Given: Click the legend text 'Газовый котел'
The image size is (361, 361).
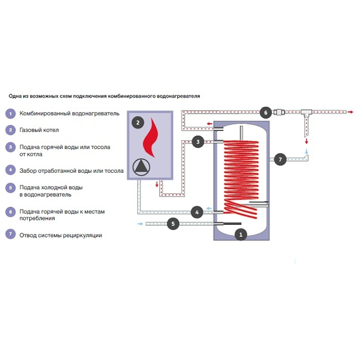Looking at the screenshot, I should (x=39, y=130).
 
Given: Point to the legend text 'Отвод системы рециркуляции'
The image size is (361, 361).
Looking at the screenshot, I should (x=60, y=236).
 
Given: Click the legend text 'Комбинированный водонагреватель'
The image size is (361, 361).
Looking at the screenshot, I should (x=69, y=113).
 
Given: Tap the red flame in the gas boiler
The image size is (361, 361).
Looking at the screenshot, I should (x=151, y=137).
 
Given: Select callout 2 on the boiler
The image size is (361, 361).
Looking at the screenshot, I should (x=137, y=122).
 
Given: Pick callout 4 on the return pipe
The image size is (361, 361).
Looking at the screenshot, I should (x=196, y=211).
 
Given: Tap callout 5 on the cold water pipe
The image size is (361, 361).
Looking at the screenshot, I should (x=173, y=224).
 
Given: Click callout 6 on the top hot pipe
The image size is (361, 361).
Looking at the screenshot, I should (x=265, y=112).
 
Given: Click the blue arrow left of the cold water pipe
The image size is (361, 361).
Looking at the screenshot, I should (x=141, y=224).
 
